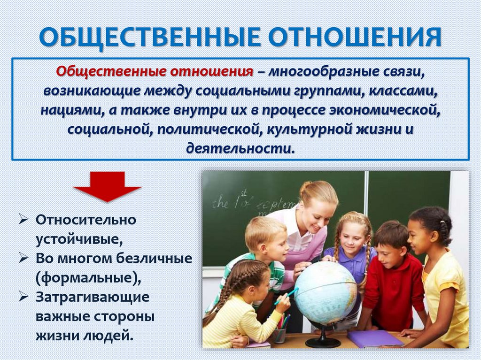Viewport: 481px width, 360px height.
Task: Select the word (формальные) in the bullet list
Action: pyautogui.click(x=88, y=277)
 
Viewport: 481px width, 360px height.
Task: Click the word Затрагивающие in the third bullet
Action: pyautogui.click(x=93, y=297)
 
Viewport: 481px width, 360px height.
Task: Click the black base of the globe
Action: pyautogui.click(x=323, y=341)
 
